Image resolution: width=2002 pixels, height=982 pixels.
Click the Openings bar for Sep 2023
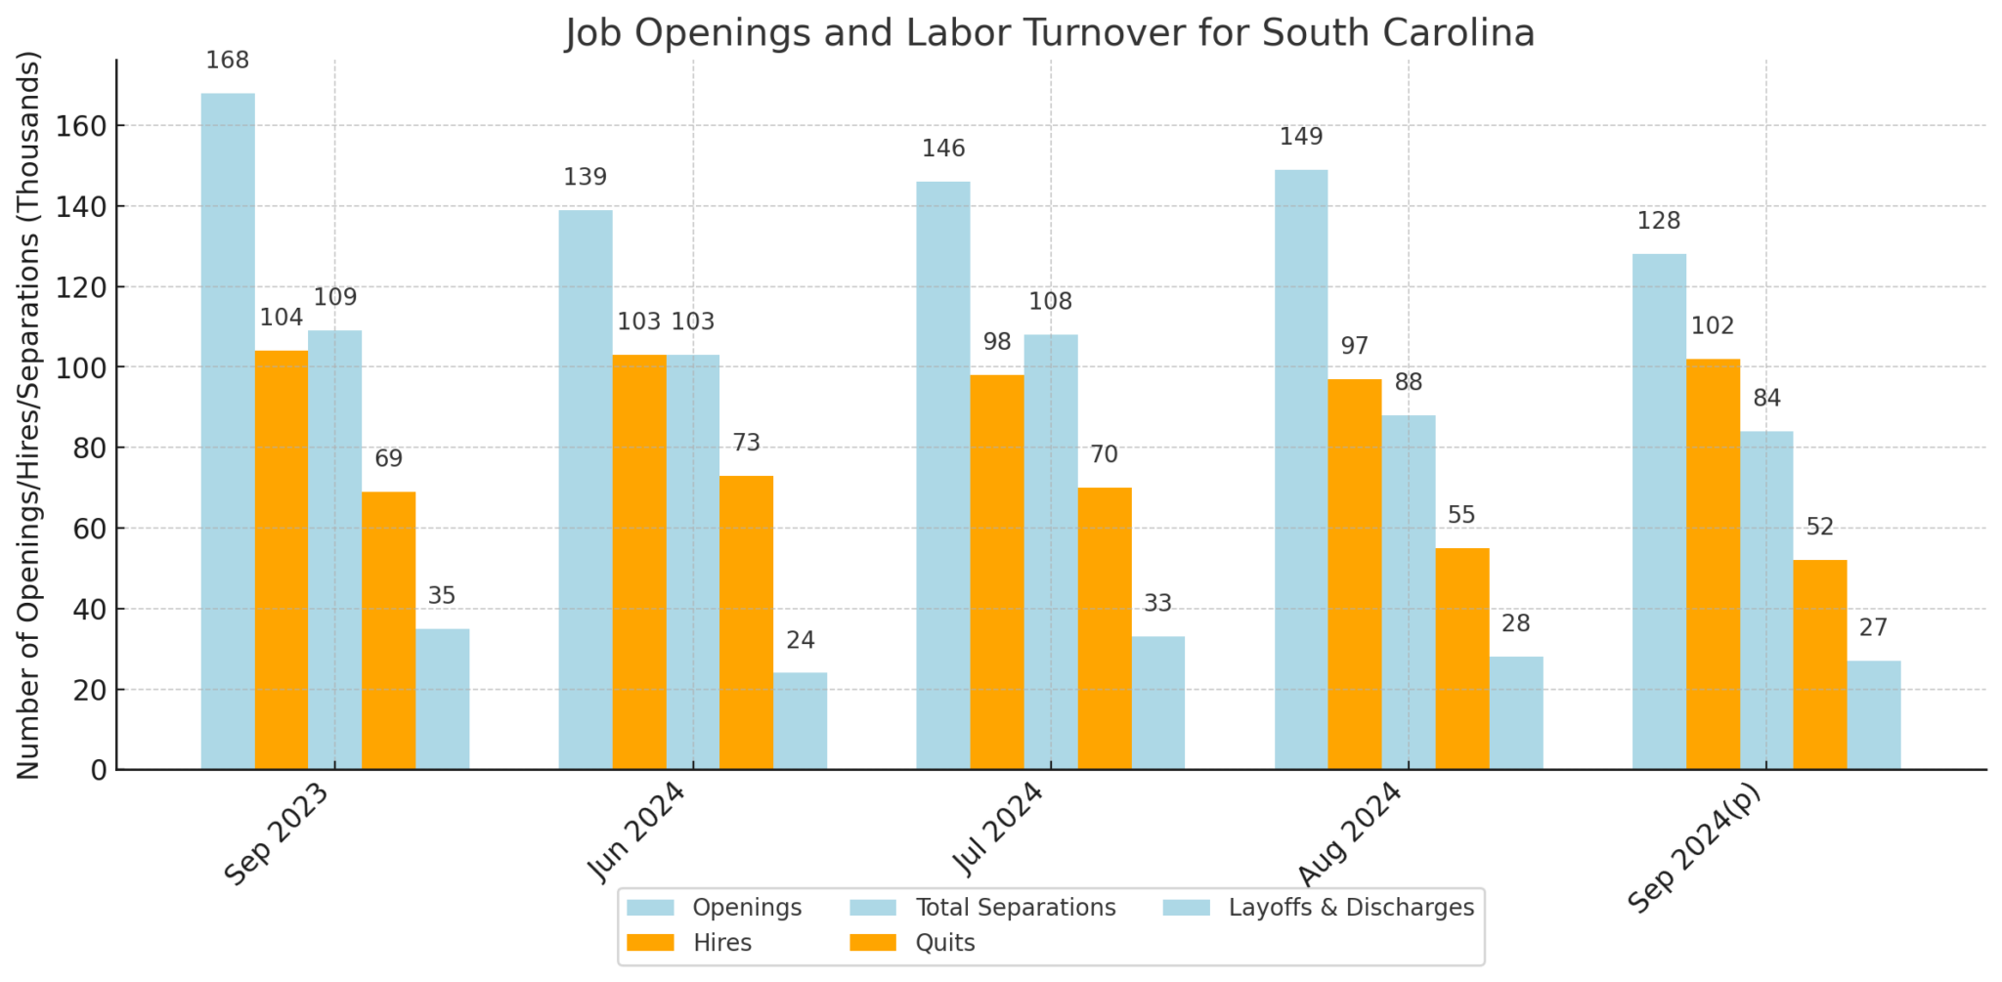tap(228, 431)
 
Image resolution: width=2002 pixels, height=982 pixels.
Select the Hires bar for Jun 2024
tap(639, 562)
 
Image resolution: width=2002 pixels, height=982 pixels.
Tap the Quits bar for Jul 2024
tap(1105, 628)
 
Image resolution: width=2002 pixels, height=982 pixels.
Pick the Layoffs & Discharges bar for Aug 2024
tap(1516, 713)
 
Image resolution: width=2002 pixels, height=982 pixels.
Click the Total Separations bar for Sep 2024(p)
tap(1766, 600)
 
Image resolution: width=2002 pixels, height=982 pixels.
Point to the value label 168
tap(228, 61)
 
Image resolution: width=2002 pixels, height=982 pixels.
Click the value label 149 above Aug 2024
tap(1301, 137)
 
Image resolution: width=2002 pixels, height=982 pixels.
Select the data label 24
tap(801, 641)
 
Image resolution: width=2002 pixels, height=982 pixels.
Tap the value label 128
tap(1659, 221)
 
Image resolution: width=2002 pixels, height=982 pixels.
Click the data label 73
tap(746, 444)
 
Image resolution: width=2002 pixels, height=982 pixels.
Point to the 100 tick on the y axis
tap(91, 368)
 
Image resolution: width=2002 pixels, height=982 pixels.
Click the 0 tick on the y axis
tap(99, 771)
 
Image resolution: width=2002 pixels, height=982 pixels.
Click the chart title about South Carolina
tap(1050, 33)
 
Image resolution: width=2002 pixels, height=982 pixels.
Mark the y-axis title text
tap(29, 415)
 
